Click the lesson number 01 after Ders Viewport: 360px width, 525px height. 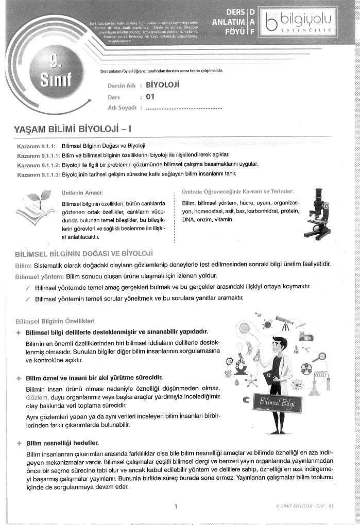[x=150, y=96]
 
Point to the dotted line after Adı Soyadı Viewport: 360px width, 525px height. [x=184, y=108]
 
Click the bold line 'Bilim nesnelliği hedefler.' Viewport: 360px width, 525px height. [x=62, y=442]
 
